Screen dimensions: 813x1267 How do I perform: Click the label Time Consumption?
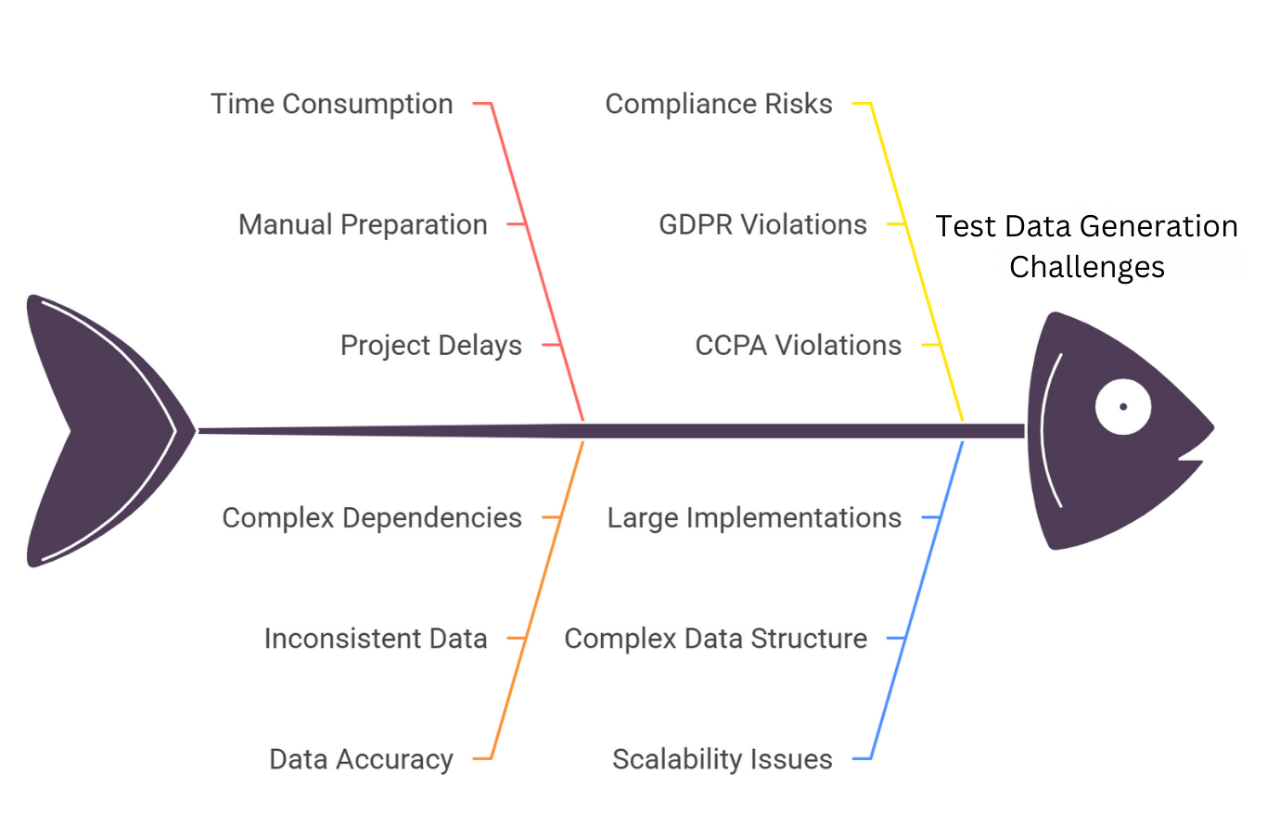coord(331,104)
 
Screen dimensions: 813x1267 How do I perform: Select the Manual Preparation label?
coord(363,224)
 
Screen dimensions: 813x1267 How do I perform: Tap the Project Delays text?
coord(430,345)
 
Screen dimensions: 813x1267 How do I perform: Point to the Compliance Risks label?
coord(719,104)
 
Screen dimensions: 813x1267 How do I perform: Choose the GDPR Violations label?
coord(762,224)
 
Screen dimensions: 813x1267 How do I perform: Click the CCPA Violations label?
coord(798,345)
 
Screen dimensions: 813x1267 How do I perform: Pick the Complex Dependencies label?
coord(372,517)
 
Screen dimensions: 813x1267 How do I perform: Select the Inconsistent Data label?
coord(376,639)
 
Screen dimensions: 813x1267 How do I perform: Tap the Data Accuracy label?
coord(361,759)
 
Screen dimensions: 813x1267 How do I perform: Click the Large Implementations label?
coord(754,517)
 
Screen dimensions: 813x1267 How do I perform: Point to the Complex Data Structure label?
coord(715,639)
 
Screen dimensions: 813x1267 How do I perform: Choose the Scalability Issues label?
coord(723,759)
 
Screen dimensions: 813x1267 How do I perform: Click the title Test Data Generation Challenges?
coord(1086,246)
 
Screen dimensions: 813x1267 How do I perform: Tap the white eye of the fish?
coord(1122,407)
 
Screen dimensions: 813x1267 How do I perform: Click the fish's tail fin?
coord(93,430)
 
